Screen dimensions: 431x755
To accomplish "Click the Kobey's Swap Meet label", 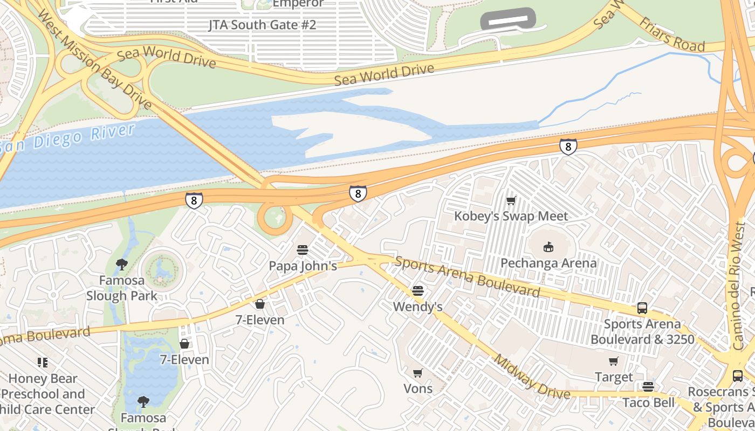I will click(511, 217).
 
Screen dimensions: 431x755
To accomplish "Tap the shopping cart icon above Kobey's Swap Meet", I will click(511, 201).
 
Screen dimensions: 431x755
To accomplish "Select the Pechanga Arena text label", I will click(548, 263).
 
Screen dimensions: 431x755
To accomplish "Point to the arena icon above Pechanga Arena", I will click(548, 247).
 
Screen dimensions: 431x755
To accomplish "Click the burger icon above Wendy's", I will click(418, 291).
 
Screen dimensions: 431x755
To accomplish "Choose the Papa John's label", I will click(303, 266).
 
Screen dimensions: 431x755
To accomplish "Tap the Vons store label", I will click(418, 388).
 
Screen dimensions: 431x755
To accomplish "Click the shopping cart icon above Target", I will click(613, 362).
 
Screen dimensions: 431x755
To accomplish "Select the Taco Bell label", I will click(648, 402).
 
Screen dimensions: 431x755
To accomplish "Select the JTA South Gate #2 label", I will click(262, 25).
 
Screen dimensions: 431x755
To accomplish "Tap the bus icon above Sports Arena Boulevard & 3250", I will click(642, 308).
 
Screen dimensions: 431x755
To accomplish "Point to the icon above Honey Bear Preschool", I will click(43, 362).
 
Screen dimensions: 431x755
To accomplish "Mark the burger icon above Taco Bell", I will click(648, 387).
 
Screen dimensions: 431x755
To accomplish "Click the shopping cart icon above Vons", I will click(418, 373).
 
